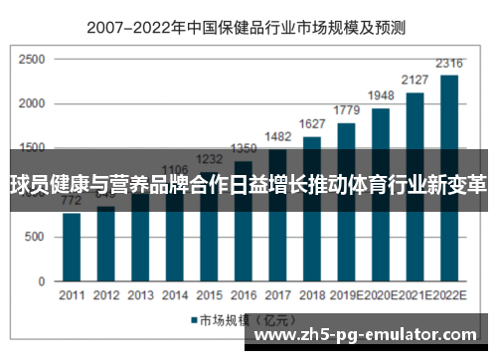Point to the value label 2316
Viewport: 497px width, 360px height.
pos(450,65)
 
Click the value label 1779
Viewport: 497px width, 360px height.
pos(347,111)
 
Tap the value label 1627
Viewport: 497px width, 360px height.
pos(312,124)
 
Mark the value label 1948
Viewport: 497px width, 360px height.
pos(381,97)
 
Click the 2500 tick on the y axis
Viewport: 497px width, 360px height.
pos(32,60)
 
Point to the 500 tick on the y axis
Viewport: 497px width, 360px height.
pos(35,237)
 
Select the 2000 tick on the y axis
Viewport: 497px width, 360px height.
pos(32,104)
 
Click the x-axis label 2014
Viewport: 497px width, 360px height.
pos(174,296)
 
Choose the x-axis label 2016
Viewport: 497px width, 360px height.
pos(244,296)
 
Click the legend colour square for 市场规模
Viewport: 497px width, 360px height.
pos(195,320)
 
